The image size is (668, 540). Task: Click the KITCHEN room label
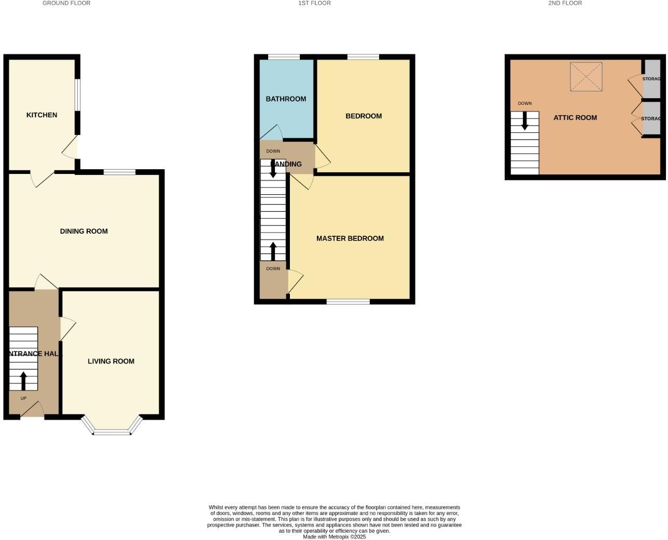coord(41,115)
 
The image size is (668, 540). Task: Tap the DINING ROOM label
coord(84,231)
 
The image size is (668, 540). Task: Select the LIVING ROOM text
coord(111,361)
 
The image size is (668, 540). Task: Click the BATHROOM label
coord(286,99)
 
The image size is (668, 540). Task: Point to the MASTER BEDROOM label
coord(350,238)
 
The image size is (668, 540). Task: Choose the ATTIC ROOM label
coord(575,118)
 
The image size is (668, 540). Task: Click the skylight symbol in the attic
coord(586,77)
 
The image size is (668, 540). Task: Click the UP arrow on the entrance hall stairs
coord(23,380)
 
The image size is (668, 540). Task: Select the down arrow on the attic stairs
coord(525,121)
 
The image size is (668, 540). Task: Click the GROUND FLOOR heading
coord(66,3)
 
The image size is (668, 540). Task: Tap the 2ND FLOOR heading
coord(565,3)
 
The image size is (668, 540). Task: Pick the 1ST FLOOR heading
coord(314,3)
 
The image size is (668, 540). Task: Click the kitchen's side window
coord(77,95)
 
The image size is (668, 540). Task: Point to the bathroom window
coord(284,57)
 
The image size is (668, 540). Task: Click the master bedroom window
coord(348,301)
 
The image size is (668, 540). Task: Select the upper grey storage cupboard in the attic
coord(651,79)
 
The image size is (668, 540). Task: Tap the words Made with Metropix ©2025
coord(335,537)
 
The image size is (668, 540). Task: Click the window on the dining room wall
coord(119,172)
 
